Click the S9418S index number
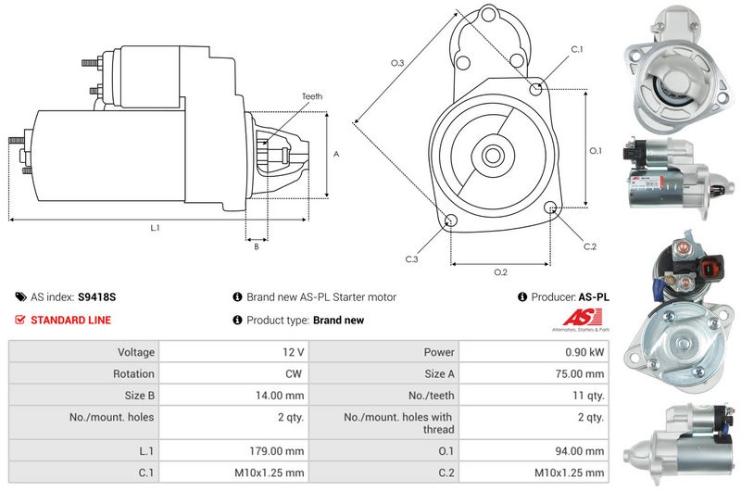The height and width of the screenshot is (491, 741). [x=97, y=296]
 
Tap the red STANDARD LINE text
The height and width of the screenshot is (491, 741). [x=71, y=320]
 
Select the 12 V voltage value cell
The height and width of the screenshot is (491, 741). [x=293, y=352]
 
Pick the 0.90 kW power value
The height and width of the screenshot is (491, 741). [x=584, y=352]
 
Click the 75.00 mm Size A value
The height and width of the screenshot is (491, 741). [x=580, y=373]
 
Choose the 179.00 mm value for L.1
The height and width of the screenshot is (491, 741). [x=276, y=451]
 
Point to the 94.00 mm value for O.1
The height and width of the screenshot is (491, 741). [x=580, y=451]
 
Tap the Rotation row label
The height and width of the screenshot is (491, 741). [x=133, y=373]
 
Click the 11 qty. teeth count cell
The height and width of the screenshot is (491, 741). [x=588, y=396]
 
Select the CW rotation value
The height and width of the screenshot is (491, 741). [x=294, y=373]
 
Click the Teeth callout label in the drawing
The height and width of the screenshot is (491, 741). [x=312, y=96]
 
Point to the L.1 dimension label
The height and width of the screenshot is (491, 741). [x=155, y=228]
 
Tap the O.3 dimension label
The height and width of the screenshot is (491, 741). [x=397, y=63]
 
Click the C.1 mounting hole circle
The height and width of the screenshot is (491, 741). [x=535, y=88]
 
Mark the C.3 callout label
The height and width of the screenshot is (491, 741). [x=411, y=259]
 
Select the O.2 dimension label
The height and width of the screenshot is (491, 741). [x=500, y=272]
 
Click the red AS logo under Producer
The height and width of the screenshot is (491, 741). [x=583, y=318]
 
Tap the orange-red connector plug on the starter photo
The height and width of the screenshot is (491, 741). [x=710, y=268]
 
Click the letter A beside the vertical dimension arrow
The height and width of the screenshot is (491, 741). [x=336, y=154]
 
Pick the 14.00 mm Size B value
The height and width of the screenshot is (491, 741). [x=280, y=396]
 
